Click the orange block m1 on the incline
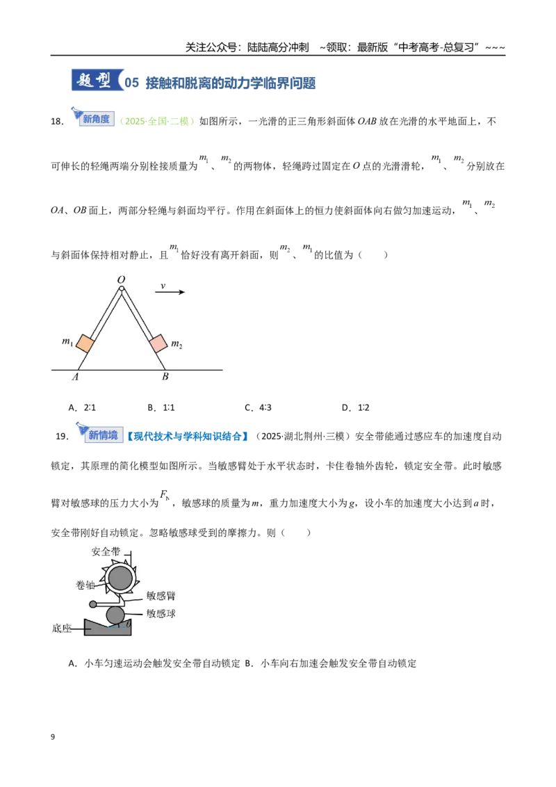(85, 345)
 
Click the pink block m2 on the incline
(158, 343)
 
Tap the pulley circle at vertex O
(122, 288)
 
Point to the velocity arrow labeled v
(170, 292)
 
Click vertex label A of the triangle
(75, 377)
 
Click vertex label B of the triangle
(165, 376)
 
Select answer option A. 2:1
(82, 407)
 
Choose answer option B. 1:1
(161, 407)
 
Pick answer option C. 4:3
(258, 407)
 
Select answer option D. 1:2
(355, 407)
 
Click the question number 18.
(57, 122)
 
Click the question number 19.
(62, 436)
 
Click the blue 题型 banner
(97, 81)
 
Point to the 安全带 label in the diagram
(106, 551)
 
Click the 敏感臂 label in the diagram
(161, 596)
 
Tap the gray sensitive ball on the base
(115, 616)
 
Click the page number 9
(53, 737)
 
